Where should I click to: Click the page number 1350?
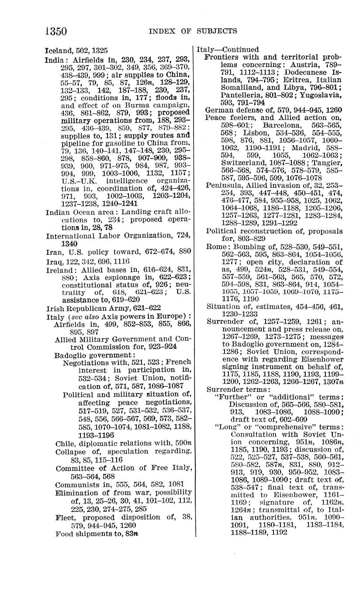click(55, 31)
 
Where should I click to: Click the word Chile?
click(66, 444)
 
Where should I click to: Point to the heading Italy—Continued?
click(228, 49)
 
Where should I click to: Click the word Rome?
click(216, 247)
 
